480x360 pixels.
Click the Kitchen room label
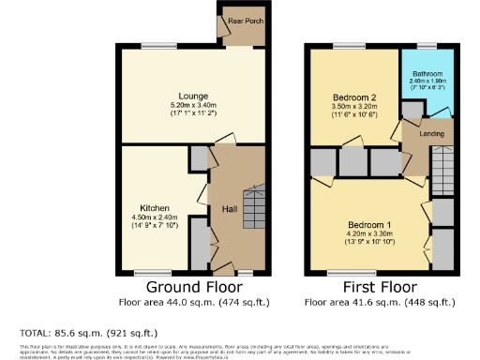(154, 207)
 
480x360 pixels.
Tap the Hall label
(228, 209)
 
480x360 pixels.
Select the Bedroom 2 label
(353, 97)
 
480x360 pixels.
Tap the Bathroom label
(427, 72)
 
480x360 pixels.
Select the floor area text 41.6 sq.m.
(382, 303)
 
